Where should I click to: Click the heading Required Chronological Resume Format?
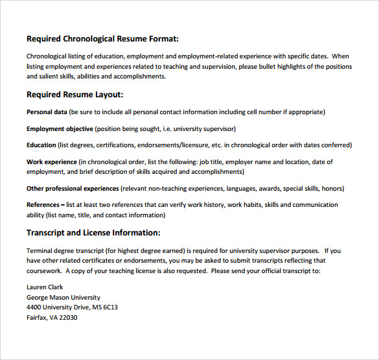pos(102,39)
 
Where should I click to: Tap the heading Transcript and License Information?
pos(93,232)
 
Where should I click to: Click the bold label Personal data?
pos(47,112)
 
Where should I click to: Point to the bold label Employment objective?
pos(60,128)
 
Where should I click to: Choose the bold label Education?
pos(41,145)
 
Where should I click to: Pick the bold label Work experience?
pos(51,162)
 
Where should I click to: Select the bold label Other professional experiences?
pos(73,189)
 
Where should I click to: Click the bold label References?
pos(43,205)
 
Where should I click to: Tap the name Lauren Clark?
pos(45,287)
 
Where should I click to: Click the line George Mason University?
pos(63,297)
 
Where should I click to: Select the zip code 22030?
pos(68,318)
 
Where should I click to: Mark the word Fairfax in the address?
pos(38,318)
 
